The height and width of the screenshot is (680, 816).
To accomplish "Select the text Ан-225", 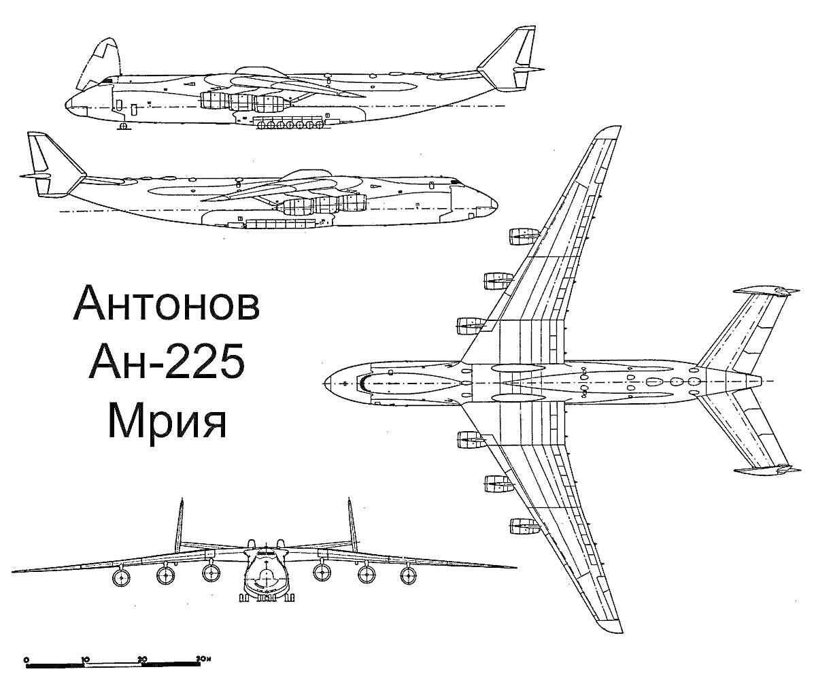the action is pos(167,362).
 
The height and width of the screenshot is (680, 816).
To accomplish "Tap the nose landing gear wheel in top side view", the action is pos(124,126).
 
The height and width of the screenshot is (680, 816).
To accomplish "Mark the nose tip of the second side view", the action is pos(496,204).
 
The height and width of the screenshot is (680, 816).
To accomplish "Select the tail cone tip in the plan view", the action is pos(760,381).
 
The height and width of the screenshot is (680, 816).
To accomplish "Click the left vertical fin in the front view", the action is pos(180,526).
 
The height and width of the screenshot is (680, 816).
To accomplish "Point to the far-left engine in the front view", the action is pos(121,577).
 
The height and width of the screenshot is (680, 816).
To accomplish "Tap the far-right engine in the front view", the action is pos(409,576).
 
